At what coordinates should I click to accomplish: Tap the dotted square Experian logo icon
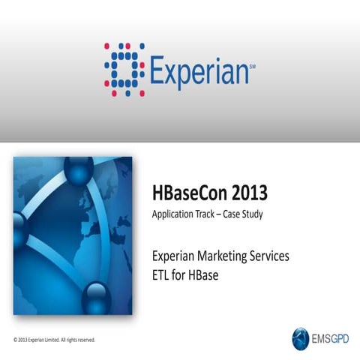[x=124, y=69]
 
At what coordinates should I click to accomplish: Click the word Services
[x=268, y=256]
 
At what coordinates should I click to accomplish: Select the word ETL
[x=162, y=274]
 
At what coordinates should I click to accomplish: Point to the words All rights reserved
[x=78, y=340]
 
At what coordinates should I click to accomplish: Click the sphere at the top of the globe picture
[x=79, y=172]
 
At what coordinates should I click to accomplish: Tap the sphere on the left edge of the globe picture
[x=20, y=240]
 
